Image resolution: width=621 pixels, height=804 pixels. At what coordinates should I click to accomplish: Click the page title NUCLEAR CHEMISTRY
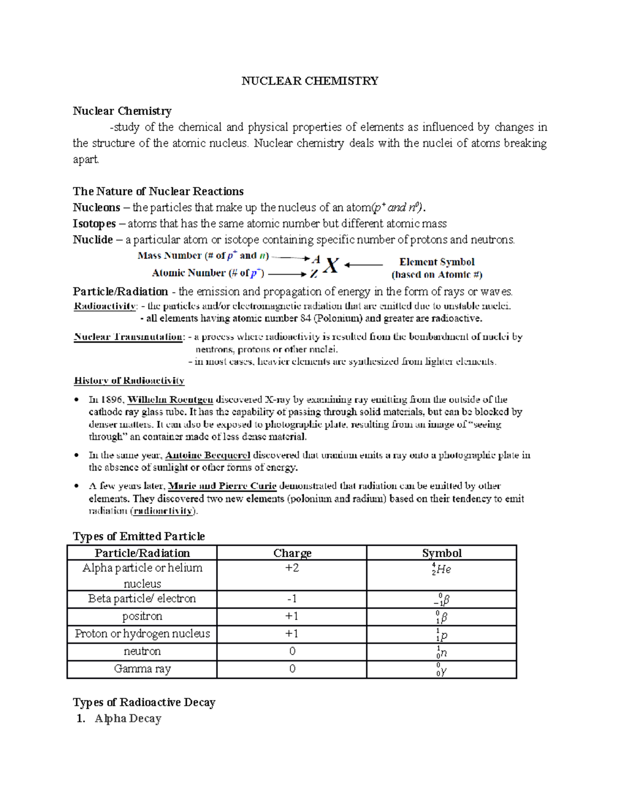click(309, 81)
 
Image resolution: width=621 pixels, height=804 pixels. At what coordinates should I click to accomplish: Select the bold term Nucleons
click(96, 208)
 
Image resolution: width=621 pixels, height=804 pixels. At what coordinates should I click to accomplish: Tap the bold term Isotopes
click(94, 224)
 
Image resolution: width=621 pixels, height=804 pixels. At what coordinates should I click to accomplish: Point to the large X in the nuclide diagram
click(331, 266)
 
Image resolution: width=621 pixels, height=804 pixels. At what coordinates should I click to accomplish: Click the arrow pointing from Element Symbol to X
click(364, 265)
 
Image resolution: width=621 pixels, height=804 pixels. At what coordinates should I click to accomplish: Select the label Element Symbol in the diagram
click(436, 262)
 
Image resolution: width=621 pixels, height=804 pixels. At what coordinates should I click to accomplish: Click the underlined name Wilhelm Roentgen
click(170, 400)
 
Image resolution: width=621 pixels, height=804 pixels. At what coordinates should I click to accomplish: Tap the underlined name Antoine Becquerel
click(208, 456)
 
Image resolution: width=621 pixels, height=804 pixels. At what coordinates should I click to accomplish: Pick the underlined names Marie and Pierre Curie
click(223, 486)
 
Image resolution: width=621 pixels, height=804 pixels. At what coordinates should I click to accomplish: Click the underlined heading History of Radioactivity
click(129, 381)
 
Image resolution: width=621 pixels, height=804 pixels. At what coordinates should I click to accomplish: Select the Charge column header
click(292, 553)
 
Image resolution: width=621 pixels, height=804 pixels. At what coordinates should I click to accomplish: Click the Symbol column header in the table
click(441, 553)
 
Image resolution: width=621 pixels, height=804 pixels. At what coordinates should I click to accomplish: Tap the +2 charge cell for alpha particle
click(292, 568)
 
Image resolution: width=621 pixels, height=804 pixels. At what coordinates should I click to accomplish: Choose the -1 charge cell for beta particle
click(292, 599)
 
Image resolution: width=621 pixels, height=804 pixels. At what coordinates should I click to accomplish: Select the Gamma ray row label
click(142, 669)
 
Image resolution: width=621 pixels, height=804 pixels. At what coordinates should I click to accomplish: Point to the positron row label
click(142, 616)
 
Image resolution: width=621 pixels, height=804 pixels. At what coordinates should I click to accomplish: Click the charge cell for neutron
click(292, 651)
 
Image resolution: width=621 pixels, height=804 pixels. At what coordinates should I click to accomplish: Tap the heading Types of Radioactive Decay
click(144, 703)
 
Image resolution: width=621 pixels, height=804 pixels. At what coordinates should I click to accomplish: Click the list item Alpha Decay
click(128, 719)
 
